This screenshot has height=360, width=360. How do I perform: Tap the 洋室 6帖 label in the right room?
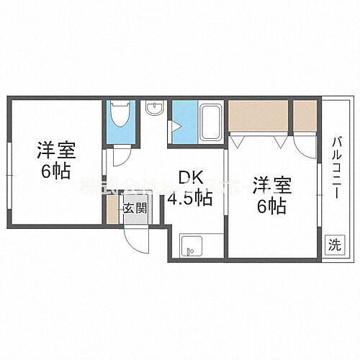(x=272, y=195)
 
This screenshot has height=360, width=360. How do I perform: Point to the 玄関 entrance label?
(x=135, y=209)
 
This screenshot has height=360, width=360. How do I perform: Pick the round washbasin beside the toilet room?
(x=154, y=109)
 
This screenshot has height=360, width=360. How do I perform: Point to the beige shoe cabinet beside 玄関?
(x=112, y=209)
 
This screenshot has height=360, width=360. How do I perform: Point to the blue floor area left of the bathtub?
(x=183, y=119)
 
